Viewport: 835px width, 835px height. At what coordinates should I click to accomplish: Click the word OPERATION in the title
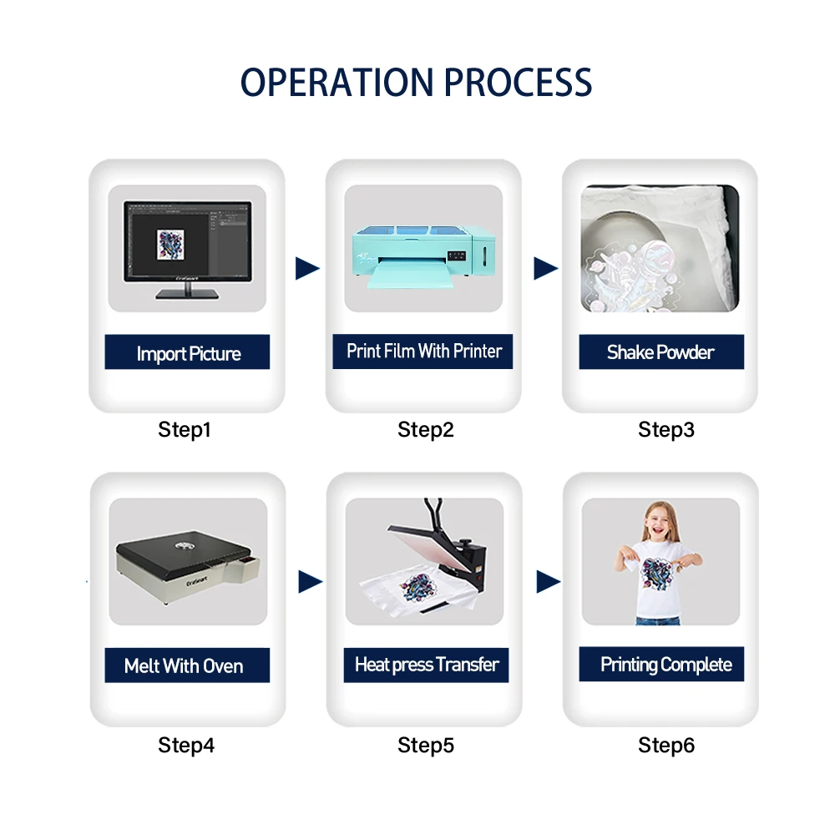(x=337, y=82)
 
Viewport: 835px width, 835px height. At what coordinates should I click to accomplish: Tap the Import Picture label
(x=188, y=353)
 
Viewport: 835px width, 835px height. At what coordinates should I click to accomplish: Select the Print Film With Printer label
(x=424, y=351)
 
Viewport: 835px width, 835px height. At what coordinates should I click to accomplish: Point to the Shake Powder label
(x=660, y=352)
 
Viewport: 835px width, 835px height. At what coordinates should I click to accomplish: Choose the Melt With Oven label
(x=184, y=665)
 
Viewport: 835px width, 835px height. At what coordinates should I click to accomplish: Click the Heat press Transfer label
(x=426, y=665)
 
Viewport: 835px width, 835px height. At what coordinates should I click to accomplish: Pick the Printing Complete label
(x=665, y=665)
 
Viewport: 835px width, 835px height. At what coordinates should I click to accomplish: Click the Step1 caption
(x=185, y=430)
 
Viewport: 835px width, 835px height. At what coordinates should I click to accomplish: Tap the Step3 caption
(x=666, y=430)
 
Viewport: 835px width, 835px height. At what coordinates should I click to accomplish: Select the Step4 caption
(x=186, y=745)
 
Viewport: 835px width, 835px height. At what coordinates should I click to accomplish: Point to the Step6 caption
(x=666, y=745)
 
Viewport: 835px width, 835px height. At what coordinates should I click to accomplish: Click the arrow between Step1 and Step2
(x=307, y=268)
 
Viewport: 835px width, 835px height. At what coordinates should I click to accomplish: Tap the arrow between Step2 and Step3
(x=545, y=268)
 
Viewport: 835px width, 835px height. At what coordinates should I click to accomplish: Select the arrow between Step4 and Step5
(x=310, y=582)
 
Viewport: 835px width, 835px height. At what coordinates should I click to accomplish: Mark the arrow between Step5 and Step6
(x=548, y=582)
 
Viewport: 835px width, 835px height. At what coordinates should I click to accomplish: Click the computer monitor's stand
(x=187, y=291)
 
